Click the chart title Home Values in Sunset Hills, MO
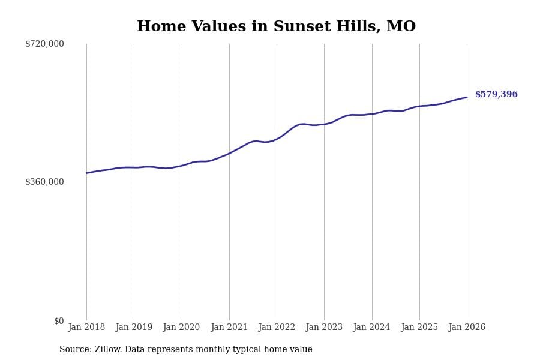[x=276, y=27]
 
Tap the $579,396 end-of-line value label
[x=496, y=95]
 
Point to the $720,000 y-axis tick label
[x=44, y=44]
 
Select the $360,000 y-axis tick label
[x=44, y=182]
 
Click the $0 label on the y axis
[x=59, y=321]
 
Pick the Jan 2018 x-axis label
[x=86, y=328]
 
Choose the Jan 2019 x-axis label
[x=134, y=328]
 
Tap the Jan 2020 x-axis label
[x=181, y=328]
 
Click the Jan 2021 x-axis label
[x=229, y=328]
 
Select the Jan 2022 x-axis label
[x=277, y=328]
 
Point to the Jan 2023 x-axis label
[x=324, y=328]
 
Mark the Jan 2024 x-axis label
[x=371, y=328]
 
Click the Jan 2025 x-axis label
[x=419, y=328]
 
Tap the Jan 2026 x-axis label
[x=467, y=328]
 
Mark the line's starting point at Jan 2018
[x=86, y=173]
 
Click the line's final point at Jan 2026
[x=467, y=97]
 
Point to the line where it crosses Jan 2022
[x=277, y=139]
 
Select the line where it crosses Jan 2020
[x=182, y=166]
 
